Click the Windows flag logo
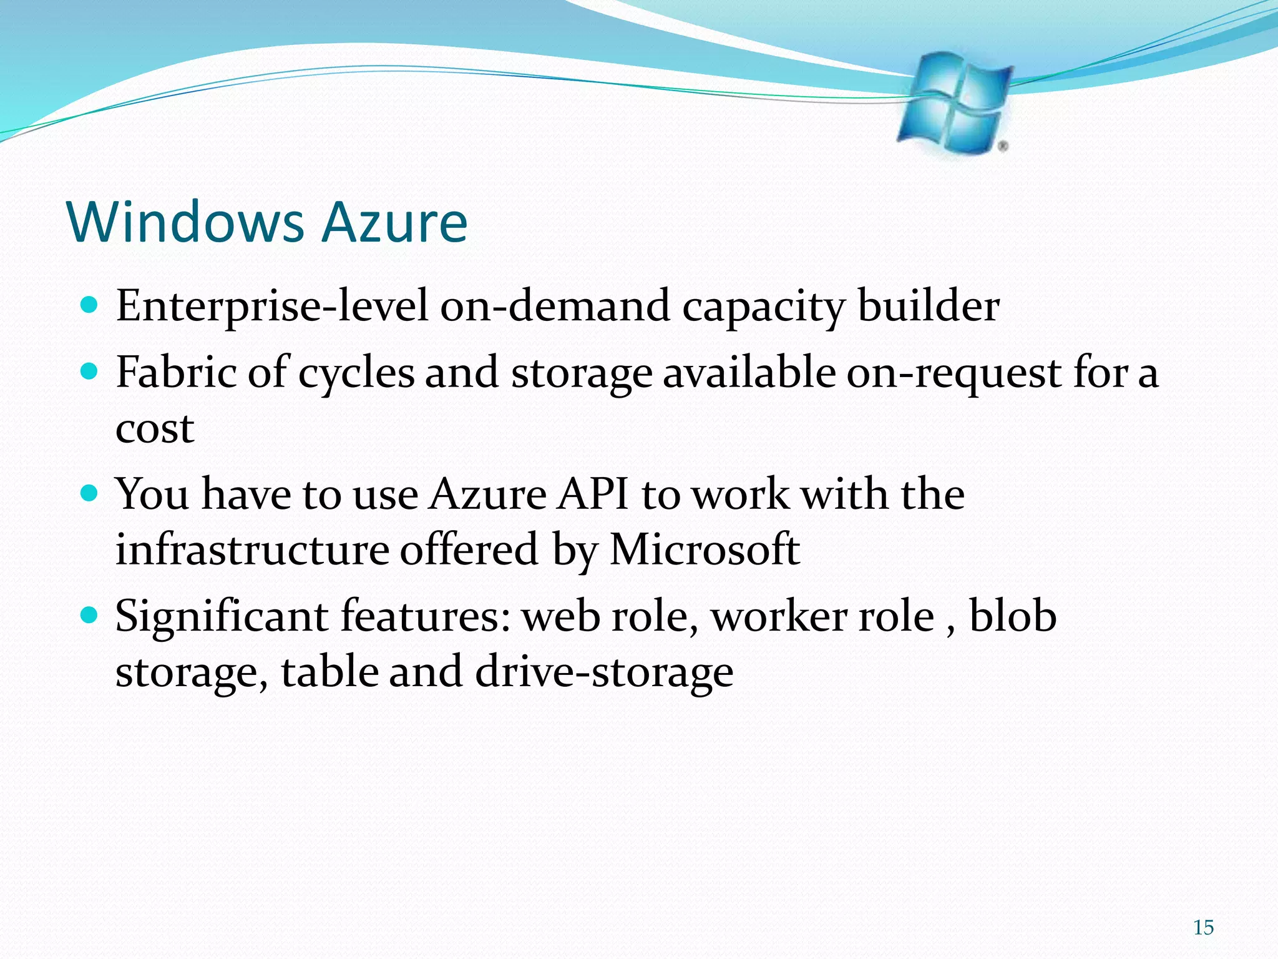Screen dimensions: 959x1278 pos(953,103)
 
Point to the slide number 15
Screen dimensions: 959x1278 pos(1203,928)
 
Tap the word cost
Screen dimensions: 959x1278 pos(155,429)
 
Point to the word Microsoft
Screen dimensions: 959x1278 pos(705,549)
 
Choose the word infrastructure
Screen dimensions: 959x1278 pos(252,549)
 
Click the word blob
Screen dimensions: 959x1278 pos(1012,616)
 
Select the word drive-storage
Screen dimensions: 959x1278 pos(603,672)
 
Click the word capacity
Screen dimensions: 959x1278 pos(763,307)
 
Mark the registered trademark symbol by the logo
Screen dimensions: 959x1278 pos(1003,146)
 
